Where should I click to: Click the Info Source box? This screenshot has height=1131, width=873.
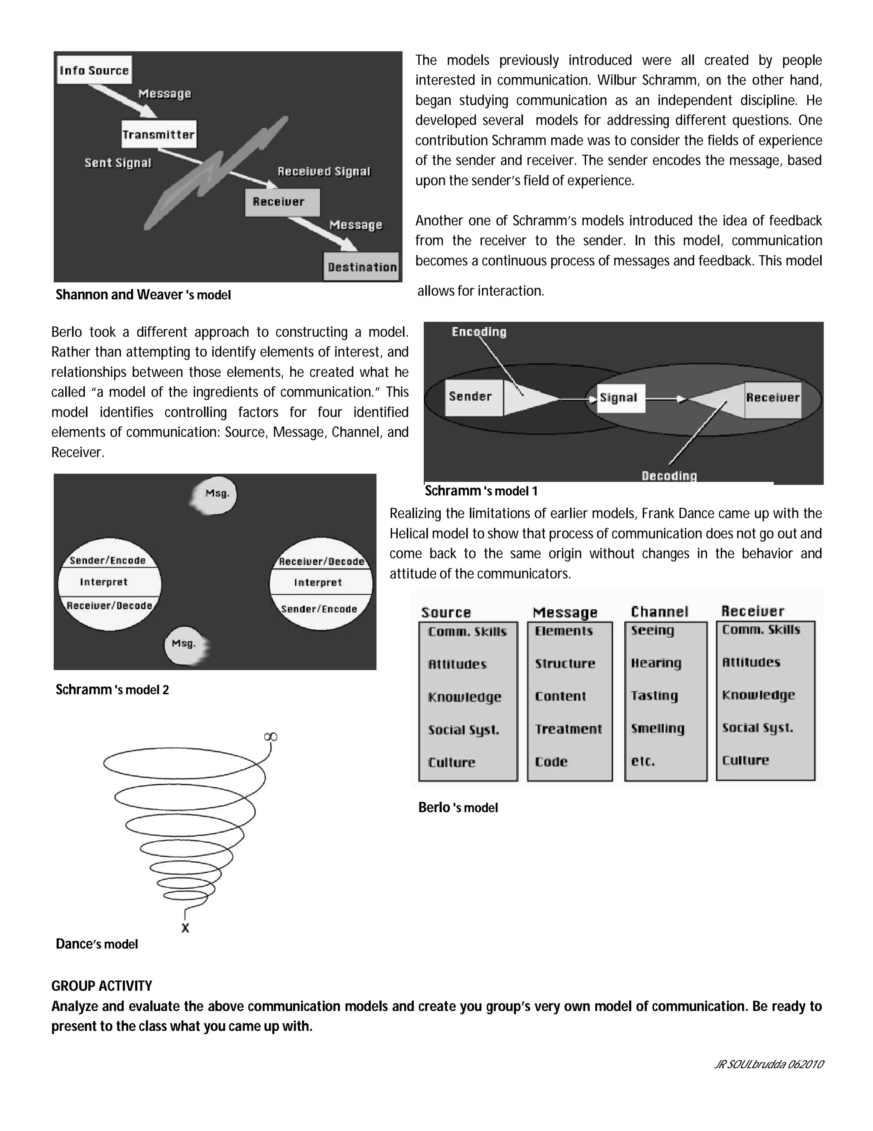point(94,70)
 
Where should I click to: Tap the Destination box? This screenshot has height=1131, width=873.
point(362,267)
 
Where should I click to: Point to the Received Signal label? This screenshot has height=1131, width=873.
point(324,172)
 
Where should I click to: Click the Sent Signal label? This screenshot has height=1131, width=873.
point(118,163)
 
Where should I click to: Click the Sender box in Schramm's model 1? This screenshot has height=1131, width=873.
point(473,397)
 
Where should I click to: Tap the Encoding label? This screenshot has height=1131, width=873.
point(479,332)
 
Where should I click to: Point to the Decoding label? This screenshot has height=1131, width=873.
point(669,475)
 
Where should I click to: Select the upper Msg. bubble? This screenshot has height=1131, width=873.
point(216,494)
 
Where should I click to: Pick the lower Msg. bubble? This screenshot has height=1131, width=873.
point(185,644)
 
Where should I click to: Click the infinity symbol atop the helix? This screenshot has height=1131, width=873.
point(271,736)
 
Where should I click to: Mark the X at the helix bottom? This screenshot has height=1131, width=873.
point(185,928)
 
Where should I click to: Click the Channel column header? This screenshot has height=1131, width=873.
point(659,612)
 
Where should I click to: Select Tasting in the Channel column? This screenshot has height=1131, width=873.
point(654,695)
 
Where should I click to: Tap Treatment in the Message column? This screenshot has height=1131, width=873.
point(568,729)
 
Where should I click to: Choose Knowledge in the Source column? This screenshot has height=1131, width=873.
point(465,697)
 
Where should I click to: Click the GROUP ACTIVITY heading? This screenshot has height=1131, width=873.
point(102,986)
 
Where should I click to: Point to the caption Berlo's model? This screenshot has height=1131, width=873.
point(458,807)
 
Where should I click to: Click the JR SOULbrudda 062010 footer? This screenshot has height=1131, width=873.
point(768,1064)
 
